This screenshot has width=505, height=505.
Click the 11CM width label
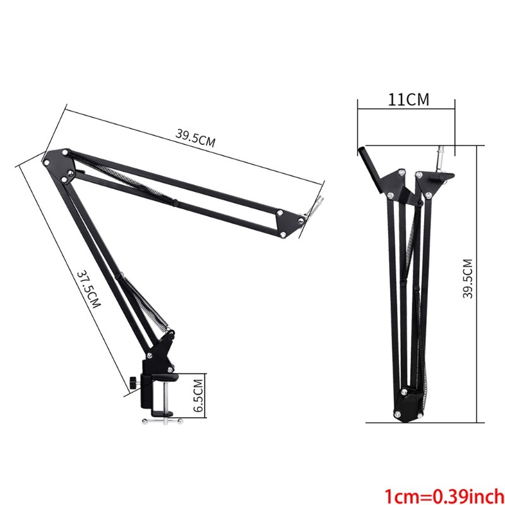tap(408, 99)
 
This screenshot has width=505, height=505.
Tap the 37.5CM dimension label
tap(89, 290)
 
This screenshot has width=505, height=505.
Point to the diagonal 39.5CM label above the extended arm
tap(195, 138)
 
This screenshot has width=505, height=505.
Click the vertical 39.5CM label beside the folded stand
tap(467, 279)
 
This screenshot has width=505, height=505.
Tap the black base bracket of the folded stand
tap(408, 404)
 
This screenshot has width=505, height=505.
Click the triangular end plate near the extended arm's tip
tap(287, 222)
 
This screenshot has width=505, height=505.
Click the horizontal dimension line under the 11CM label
tap(406, 109)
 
